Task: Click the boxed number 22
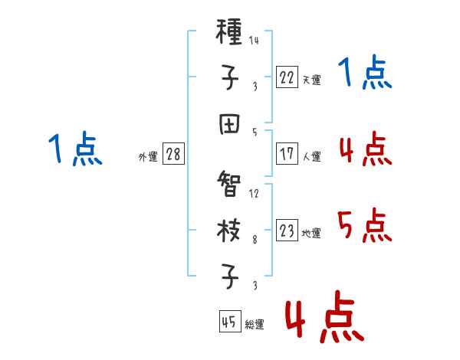coord(287,77)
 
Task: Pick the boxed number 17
coord(287,153)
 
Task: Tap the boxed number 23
coord(287,231)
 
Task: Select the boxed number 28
coord(173,154)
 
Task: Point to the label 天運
coord(311,80)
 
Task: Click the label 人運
coord(311,156)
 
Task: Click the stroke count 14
coord(254,40)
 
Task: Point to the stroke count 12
coord(254,193)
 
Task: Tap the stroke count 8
coord(255,239)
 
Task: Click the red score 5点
coord(365,226)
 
